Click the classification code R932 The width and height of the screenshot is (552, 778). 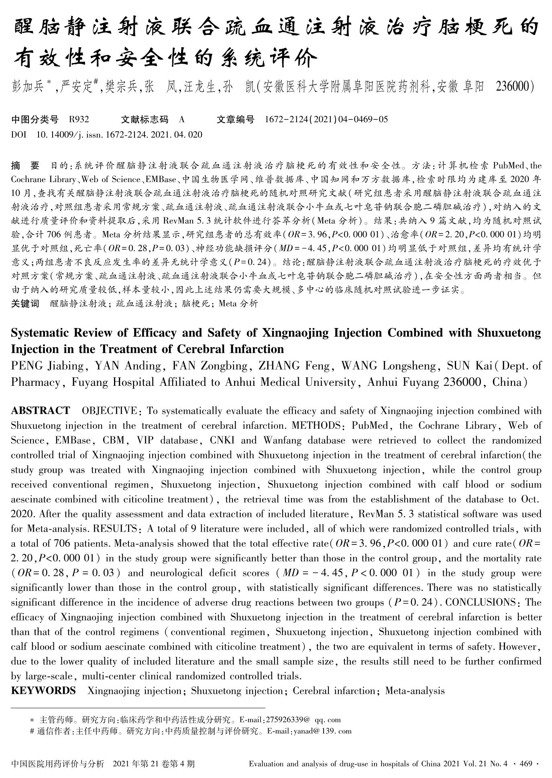79,119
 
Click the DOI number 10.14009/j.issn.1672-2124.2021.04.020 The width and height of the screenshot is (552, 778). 119,135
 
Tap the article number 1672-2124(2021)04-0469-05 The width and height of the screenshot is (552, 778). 326,119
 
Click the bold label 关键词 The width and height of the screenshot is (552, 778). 25,304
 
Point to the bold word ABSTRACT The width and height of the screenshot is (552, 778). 40,411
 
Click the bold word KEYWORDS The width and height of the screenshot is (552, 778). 43,691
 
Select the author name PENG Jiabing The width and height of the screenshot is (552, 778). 47,366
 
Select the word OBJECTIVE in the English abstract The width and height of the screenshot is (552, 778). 109,411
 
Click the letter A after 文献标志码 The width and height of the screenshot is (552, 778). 181,119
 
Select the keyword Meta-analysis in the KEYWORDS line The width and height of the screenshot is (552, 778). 415,691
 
